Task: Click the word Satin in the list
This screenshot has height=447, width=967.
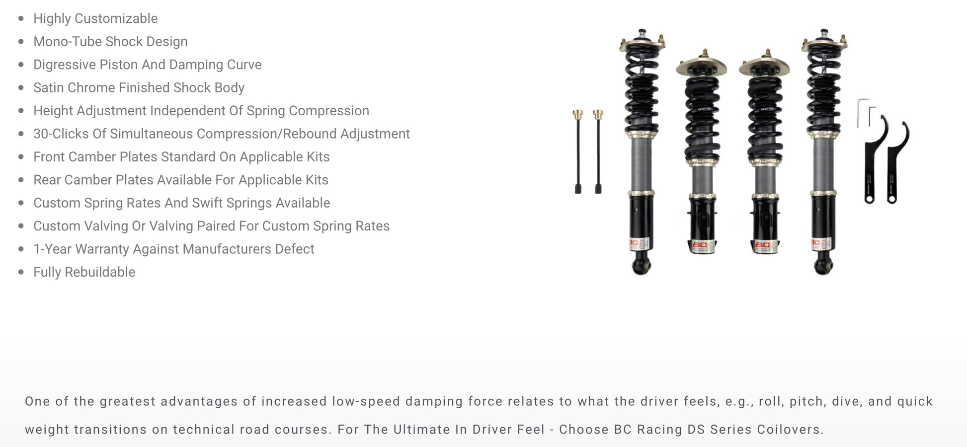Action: pyautogui.click(x=49, y=87)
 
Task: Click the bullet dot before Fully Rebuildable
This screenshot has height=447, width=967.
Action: pyautogui.click(x=21, y=272)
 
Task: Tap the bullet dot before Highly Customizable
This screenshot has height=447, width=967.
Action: pyautogui.click(x=21, y=18)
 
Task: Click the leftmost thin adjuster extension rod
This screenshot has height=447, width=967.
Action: pyautogui.click(x=578, y=151)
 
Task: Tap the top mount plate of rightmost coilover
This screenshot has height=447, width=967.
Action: pyautogui.click(x=824, y=45)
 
